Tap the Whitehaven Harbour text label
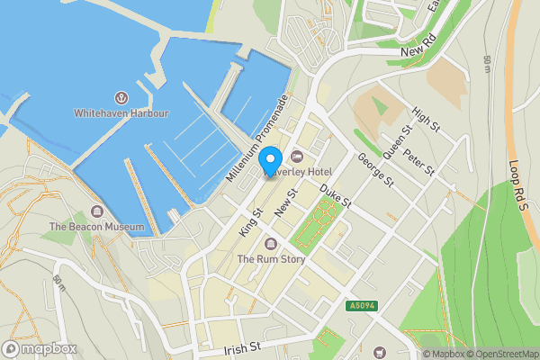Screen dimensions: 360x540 (x=121, y=113)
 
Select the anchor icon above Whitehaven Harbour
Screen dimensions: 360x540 (x=121, y=97)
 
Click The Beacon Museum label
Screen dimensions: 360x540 (x=96, y=227)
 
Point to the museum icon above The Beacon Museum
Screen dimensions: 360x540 (x=96, y=211)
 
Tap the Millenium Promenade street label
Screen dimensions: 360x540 (x=256, y=140)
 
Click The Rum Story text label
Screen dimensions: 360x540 (x=271, y=259)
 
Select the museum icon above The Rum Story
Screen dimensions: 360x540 (x=271, y=244)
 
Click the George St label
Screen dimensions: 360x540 (x=376, y=169)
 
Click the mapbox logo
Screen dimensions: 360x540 (x=40, y=347)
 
